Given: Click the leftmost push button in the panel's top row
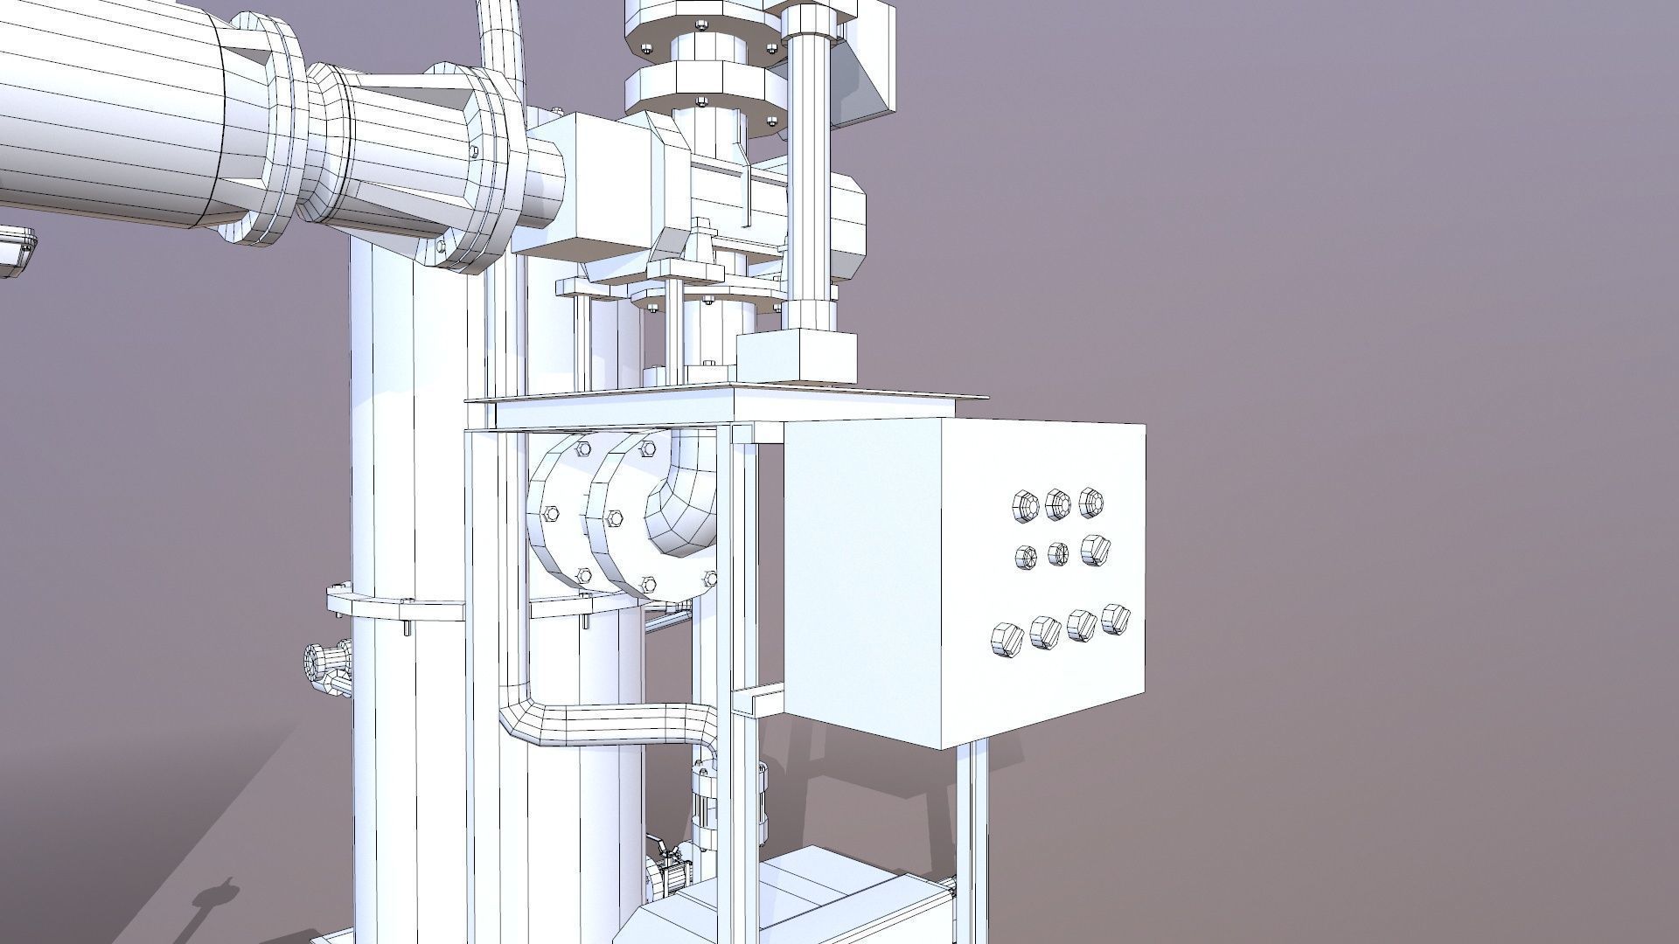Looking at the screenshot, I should (1024, 506).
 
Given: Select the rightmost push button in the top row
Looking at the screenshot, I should (1090, 502).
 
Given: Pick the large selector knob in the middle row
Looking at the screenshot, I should (1094, 549).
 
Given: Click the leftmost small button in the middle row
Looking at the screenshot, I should (1026, 556).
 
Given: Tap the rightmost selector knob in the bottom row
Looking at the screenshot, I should (1113, 618).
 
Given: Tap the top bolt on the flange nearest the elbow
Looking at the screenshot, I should (648, 448).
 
